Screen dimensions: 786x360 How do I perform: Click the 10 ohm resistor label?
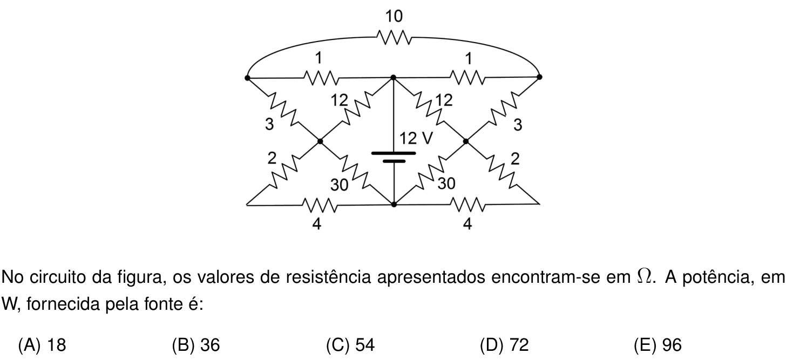[x=394, y=16]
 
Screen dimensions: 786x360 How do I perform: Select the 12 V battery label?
[x=416, y=138]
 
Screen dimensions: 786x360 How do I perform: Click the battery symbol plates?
[x=394, y=157]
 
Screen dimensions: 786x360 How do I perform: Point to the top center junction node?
[x=394, y=77]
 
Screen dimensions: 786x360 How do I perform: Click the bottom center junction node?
[x=394, y=204]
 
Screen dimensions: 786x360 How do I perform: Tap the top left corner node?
[x=247, y=78]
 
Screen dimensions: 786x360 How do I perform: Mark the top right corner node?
[x=540, y=77]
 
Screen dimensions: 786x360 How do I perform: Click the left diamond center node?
[x=320, y=141]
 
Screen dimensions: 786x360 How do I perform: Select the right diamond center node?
[x=466, y=141]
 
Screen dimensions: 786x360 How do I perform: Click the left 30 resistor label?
[x=340, y=185]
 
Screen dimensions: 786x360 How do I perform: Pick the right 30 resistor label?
[x=446, y=184]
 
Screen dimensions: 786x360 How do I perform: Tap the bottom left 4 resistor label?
[x=316, y=223]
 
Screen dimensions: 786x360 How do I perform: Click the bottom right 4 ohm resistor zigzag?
[x=467, y=205]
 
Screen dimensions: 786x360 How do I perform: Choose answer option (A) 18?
[x=42, y=345]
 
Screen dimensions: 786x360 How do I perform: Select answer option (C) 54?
[x=350, y=345]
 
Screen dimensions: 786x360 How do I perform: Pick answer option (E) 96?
[x=658, y=345]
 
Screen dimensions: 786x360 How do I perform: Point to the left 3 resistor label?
[x=269, y=124]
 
